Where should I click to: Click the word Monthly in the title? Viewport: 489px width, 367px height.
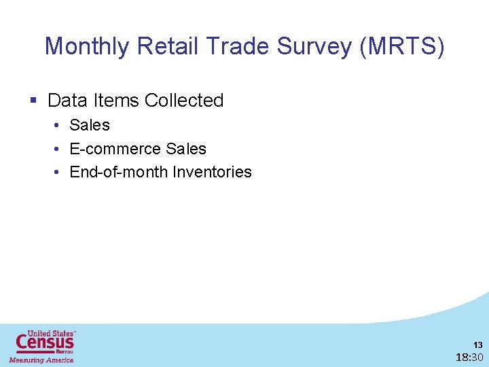tap(87, 47)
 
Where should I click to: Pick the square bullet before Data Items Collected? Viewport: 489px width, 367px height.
tap(33, 101)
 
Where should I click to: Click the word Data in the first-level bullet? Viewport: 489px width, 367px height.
tap(68, 101)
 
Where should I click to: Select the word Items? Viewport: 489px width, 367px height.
tap(116, 101)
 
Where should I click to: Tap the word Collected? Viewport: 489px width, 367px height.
tap(184, 101)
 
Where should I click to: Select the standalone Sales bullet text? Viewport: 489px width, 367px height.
tap(90, 125)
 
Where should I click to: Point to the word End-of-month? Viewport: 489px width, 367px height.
tap(119, 172)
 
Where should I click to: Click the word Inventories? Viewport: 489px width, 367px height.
tap(212, 172)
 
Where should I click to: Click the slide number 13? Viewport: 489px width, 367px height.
tap(478, 345)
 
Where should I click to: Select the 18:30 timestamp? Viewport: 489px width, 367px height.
tap(469, 357)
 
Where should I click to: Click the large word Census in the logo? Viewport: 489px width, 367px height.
tap(45, 343)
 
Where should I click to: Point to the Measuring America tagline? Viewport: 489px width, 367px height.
tap(41, 360)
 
